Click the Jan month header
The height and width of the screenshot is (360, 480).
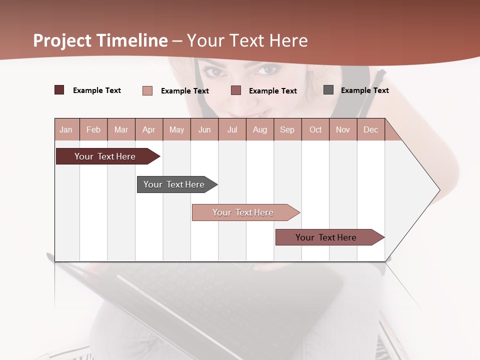click(66, 129)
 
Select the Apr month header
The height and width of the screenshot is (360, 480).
click(149, 129)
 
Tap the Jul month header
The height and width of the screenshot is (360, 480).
click(232, 129)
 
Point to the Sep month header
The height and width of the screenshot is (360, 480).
click(287, 129)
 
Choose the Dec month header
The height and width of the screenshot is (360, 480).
click(370, 129)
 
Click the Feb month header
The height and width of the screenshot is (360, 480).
click(93, 129)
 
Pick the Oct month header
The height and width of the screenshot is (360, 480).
click(315, 129)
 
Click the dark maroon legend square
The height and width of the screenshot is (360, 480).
click(59, 90)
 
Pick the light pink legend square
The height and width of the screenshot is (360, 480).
click(147, 90)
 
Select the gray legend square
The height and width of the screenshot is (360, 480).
click(328, 90)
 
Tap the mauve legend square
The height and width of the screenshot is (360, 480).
click(236, 90)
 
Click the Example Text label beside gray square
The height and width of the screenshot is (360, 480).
click(364, 90)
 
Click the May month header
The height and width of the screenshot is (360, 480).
click(176, 129)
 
